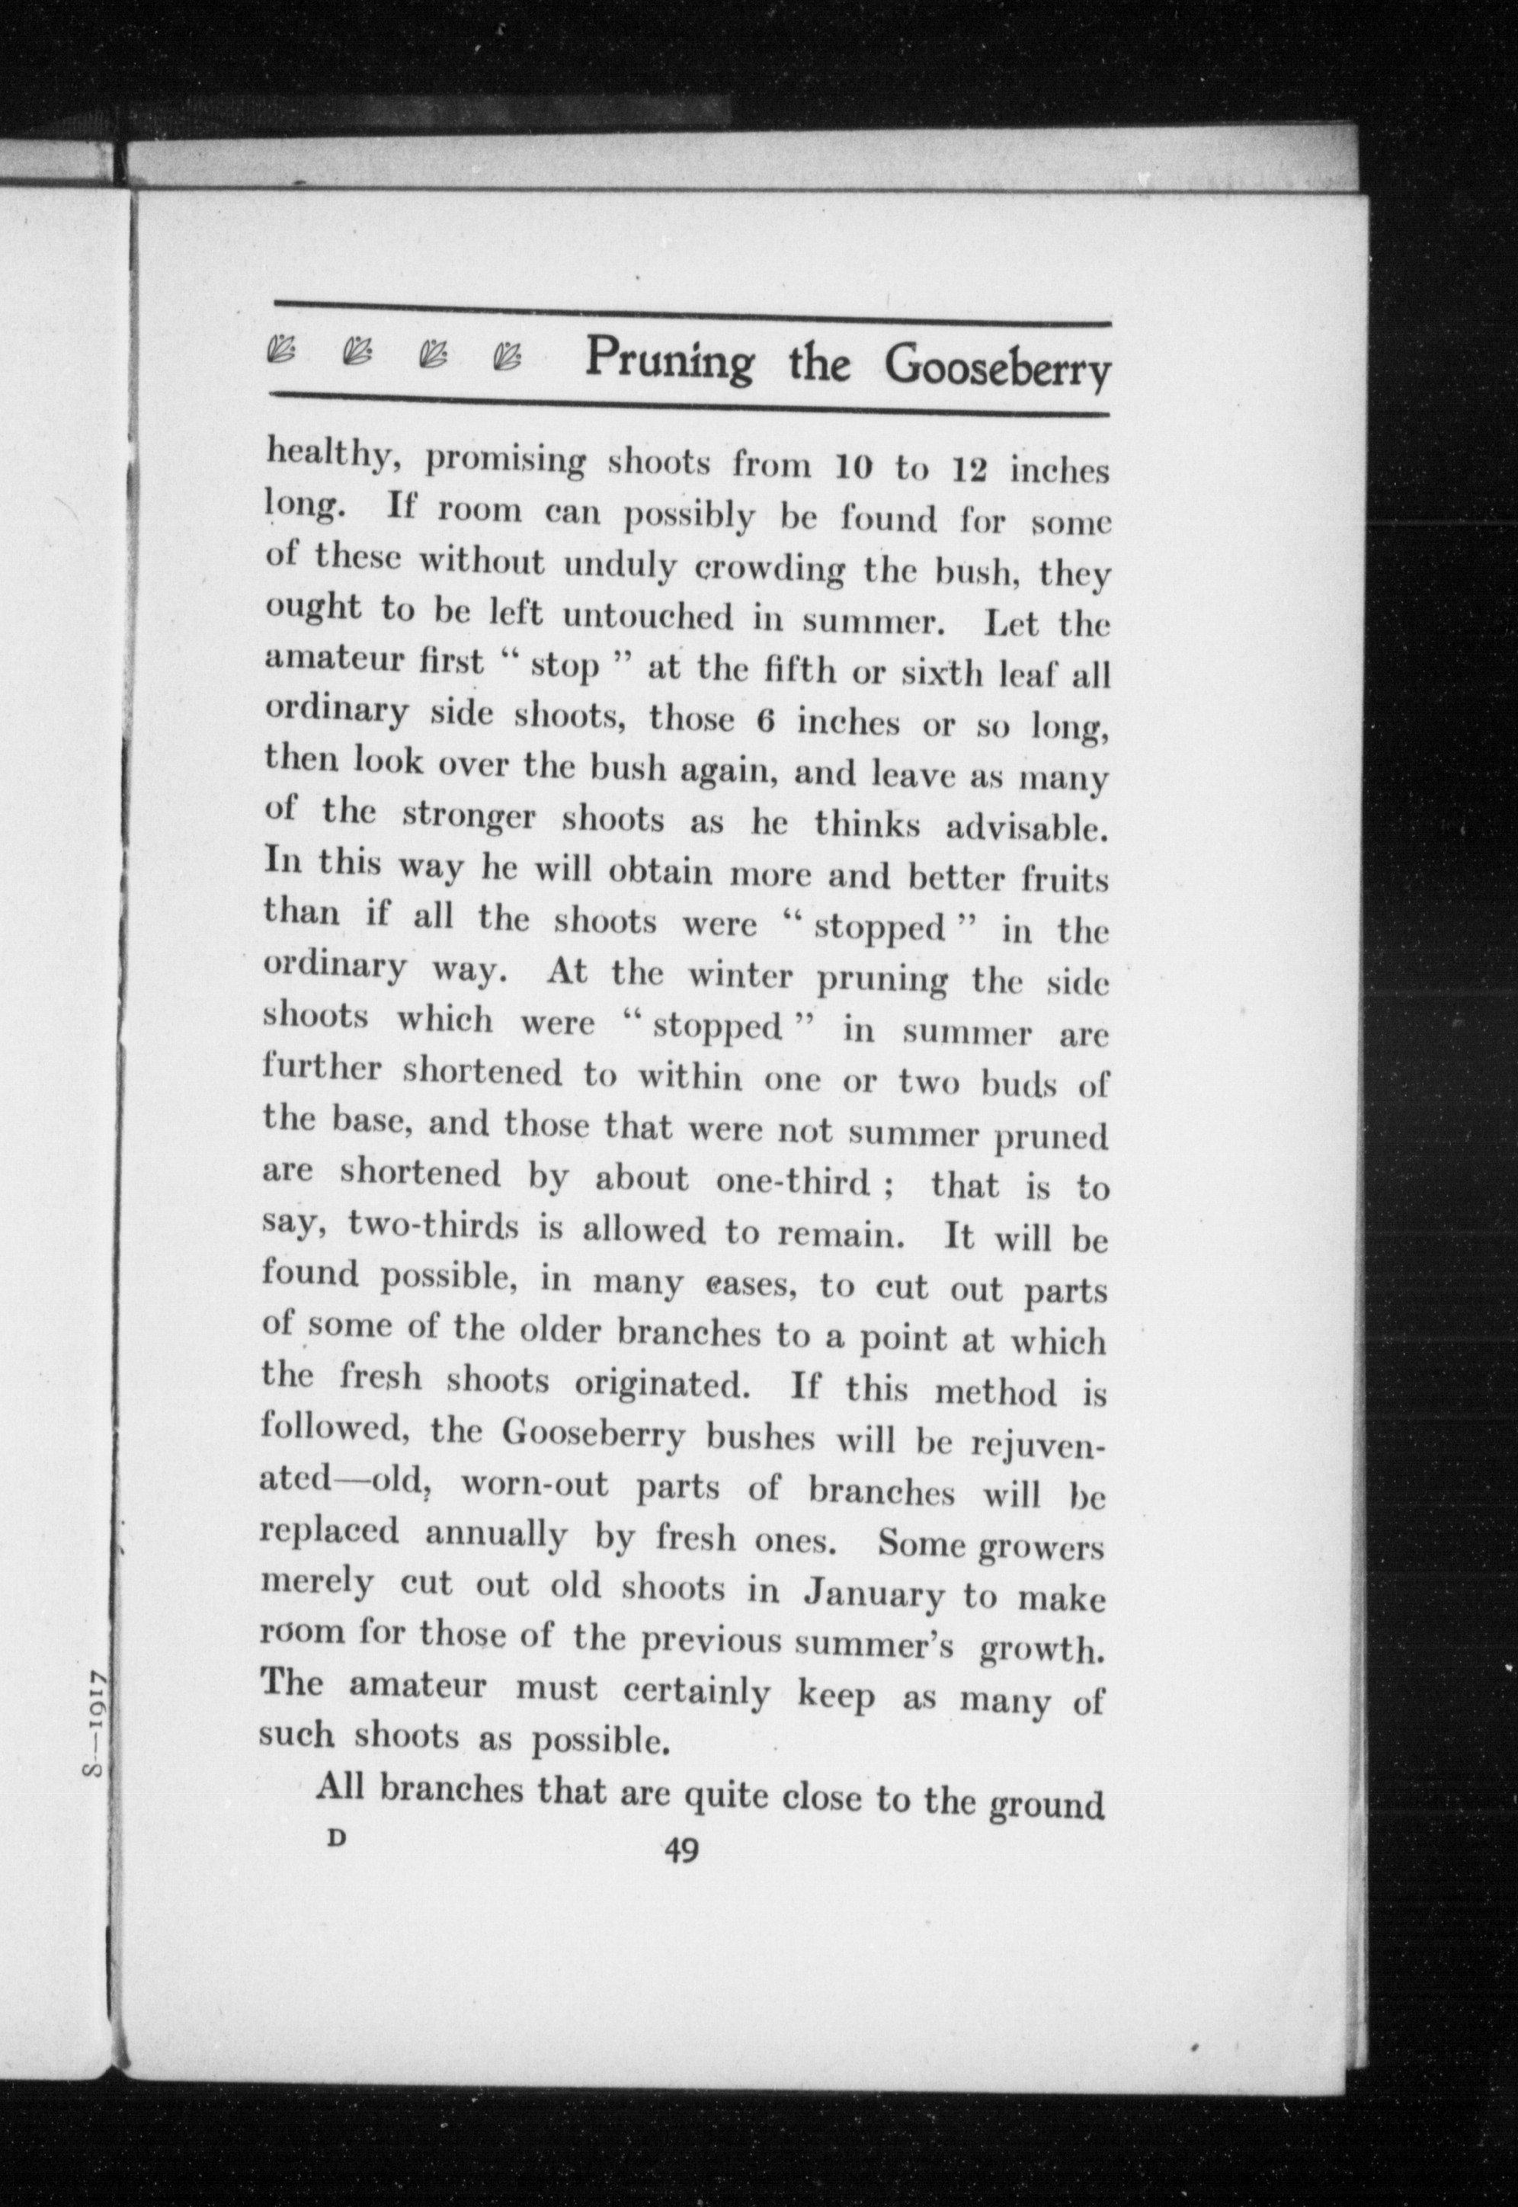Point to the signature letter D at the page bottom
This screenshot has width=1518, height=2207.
click(x=334, y=1839)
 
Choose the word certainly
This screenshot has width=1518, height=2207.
click(x=697, y=1693)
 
